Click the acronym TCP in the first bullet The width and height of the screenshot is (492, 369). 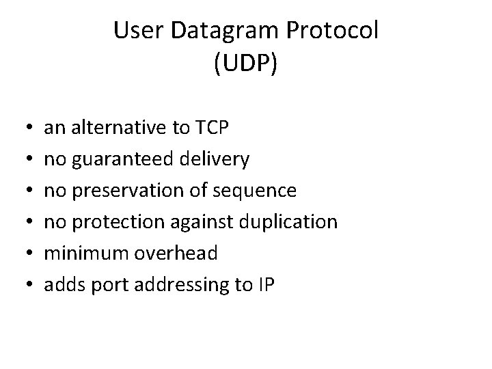(x=193, y=127)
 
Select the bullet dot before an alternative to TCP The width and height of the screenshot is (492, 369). (x=25, y=128)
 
